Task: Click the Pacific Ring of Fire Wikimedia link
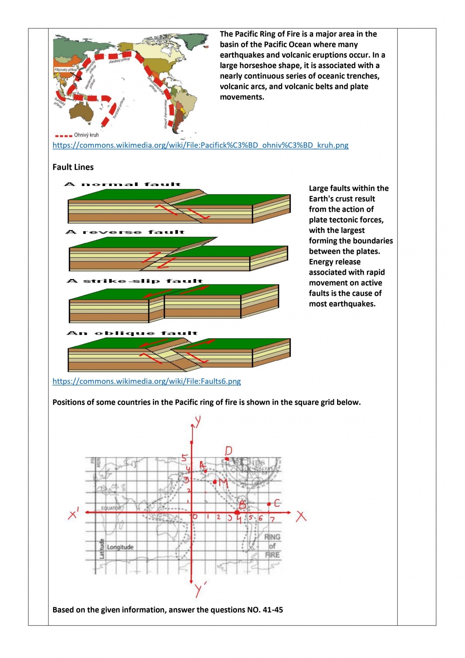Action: (x=200, y=145)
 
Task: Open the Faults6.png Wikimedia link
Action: (x=146, y=381)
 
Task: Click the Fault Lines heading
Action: (x=73, y=167)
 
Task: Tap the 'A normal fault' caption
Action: (x=122, y=184)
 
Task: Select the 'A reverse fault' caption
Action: (x=125, y=232)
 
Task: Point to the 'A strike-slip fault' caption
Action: (x=135, y=281)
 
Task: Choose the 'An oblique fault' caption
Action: (x=132, y=333)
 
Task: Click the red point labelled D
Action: (x=227, y=459)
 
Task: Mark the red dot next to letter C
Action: (x=269, y=504)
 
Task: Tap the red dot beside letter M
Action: (x=215, y=482)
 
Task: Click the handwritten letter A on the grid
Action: (x=201, y=465)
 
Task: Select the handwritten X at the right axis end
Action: (x=301, y=516)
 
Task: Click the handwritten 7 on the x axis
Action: (x=272, y=519)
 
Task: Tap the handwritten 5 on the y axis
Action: (x=184, y=458)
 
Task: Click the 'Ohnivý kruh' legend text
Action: (x=86, y=135)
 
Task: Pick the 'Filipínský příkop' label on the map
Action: (x=65, y=70)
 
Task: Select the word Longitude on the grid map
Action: (x=120, y=547)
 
